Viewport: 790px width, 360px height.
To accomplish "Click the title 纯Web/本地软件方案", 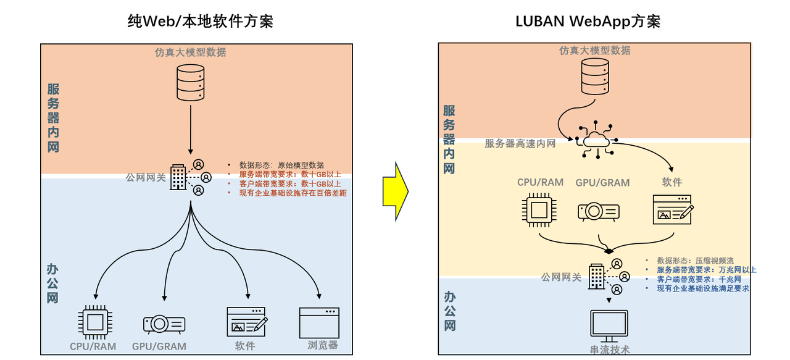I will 200,22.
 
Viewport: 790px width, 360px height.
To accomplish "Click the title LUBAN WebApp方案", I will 588,22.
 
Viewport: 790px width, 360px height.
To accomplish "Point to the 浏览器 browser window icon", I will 319,322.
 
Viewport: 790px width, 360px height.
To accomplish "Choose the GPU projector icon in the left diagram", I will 163,324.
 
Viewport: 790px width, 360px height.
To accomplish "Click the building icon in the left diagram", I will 178,178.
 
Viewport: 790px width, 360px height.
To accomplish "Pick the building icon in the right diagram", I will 597,277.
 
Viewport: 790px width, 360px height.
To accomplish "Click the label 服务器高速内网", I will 520,144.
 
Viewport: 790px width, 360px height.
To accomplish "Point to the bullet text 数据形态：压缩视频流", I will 695,261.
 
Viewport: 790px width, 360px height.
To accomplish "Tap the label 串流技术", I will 610,350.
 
